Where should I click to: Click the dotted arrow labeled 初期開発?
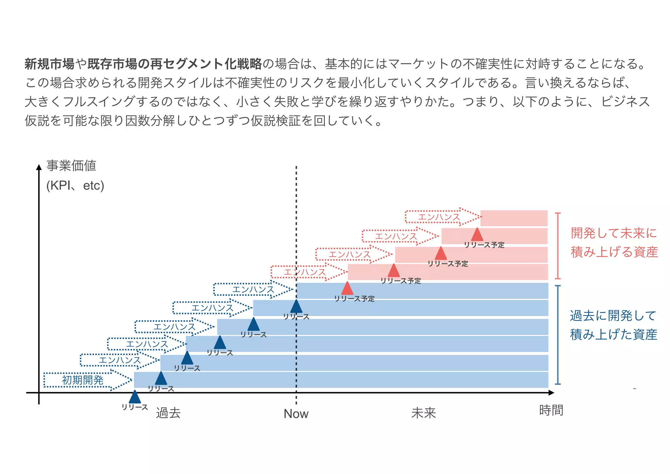(x=87, y=380)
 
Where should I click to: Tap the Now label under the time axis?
(x=296, y=414)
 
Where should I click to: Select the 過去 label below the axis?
(x=168, y=413)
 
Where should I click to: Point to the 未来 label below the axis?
(x=423, y=413)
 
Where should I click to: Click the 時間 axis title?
(x=551, y=410)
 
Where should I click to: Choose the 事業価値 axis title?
(x=71, y=166)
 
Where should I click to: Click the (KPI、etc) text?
(x=75, y=186)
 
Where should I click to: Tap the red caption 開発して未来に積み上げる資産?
(x=614, y=243)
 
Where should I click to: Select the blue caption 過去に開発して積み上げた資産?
(x=613, y=325)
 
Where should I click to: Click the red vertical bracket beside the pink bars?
(x=558, y=246)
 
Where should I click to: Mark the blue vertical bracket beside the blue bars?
(x=558, y=335)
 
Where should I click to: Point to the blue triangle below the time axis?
(x=135, y=397)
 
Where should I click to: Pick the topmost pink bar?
(x=514, y=218)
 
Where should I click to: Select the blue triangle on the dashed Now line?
(x=296, y=307)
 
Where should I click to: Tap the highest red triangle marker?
(x=477, y=235)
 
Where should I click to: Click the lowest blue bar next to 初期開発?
(x=340, y=380)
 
